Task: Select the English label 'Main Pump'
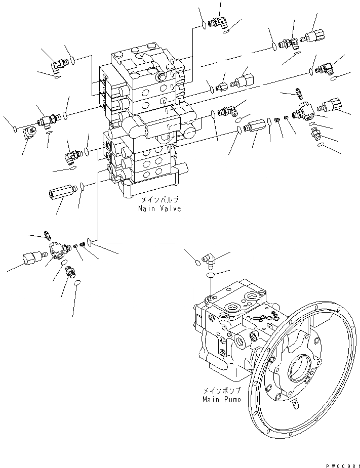(219, 399)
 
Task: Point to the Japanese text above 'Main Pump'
(220, 391)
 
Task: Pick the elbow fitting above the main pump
(208, 260)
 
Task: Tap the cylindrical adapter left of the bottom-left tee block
(33, 257)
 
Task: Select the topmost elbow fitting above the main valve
(219, 22)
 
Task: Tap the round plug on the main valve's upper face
(163, 76)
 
